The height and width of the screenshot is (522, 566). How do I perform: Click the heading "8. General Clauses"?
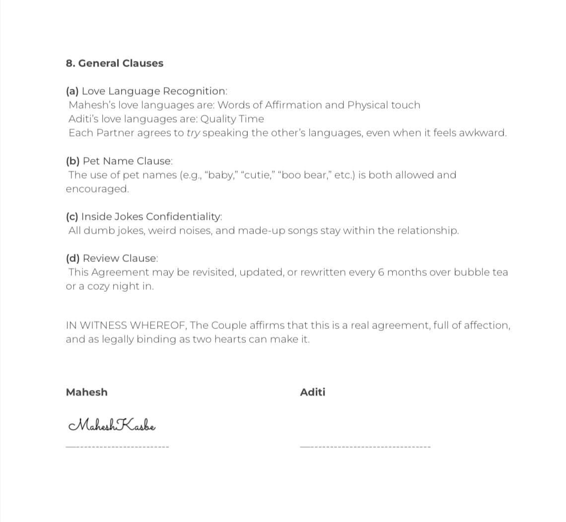tap(114, 63)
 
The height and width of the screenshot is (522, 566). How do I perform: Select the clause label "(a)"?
tap(72, 91)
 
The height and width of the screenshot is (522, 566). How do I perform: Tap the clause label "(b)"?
tap(73, 161)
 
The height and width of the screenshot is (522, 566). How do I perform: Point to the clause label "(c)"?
tap(72, 217)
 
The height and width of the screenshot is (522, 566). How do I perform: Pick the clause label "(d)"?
tap(73, 259)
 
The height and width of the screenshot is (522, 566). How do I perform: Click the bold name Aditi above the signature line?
tap(313, 392)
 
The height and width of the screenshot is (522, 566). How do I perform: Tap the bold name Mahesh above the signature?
tap(86, 392)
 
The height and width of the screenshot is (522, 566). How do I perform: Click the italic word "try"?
tap(193, 133)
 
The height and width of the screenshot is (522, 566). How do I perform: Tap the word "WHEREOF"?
tap(157, 326)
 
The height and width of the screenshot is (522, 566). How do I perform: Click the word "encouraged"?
tap(97, 189)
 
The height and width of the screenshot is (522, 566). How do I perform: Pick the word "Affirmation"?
tap(293, 105)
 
